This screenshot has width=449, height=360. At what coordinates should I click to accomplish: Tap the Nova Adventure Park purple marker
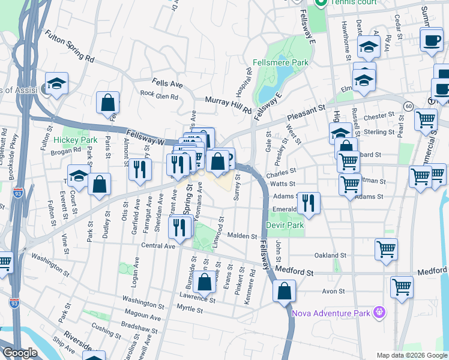[378, 312]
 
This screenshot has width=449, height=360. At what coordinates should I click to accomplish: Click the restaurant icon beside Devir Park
[309, 203]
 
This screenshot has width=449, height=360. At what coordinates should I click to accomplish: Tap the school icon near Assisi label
[56, 83]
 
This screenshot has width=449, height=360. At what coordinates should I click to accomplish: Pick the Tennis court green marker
[321, 2]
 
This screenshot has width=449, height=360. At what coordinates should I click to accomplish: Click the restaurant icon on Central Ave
[179, 227]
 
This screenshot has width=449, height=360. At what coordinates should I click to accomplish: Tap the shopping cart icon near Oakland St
[386, 248]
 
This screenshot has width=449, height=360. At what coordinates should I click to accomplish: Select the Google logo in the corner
[19, 353]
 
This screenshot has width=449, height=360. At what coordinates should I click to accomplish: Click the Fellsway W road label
[145, 136]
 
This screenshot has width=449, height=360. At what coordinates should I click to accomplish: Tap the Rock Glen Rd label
[159, 95]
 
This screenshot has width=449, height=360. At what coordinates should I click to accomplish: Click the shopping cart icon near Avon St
[401, 286]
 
